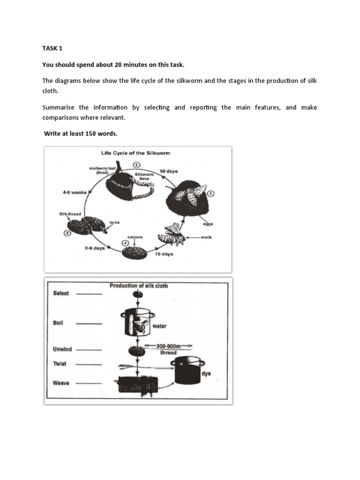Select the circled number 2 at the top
pyautogui.click(x=136, y=165)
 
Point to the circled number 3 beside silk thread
pyautogui.click(x=67, y=232)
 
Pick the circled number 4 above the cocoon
pyautogui.click(x=125, y=243)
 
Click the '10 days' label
pyautogui.click(x=168, y=172)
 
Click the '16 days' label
pyautogui.click(x=164, y=254)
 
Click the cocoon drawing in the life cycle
pyautogui.click(x=135, y=253)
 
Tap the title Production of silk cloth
pyautogui.click(x=138, y=285)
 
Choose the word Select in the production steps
pyautogui.click(x=61, y=293)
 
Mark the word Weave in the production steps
pyautogui.click(x=61, y=383)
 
